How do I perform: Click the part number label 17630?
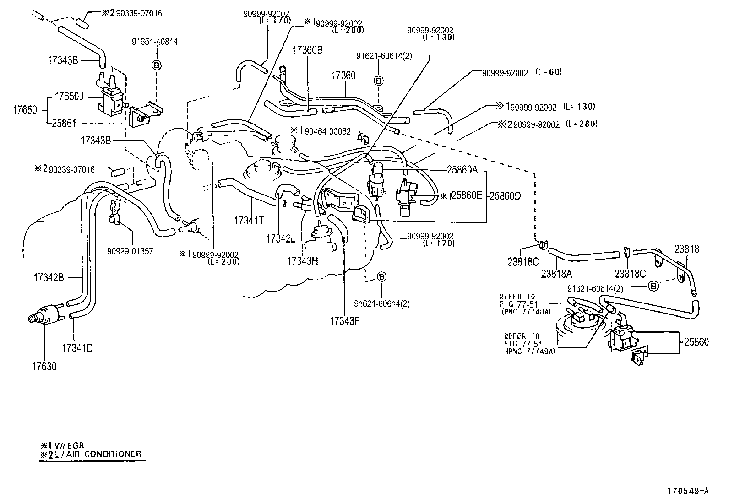[44, 367]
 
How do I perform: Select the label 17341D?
[77, 348]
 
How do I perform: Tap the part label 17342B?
[49, 277]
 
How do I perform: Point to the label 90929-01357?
[130, 251]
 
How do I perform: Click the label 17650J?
[69, 97]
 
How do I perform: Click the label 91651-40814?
[155, 42]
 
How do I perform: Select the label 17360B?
[307, 50]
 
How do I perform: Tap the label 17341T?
[249, 221]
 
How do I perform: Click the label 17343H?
[302, 260]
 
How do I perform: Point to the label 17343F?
[344, 321]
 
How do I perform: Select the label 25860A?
[462, 170]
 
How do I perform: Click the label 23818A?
[556, 273]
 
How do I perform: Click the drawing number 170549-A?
[687, 491]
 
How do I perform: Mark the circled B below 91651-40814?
[156, 65]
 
